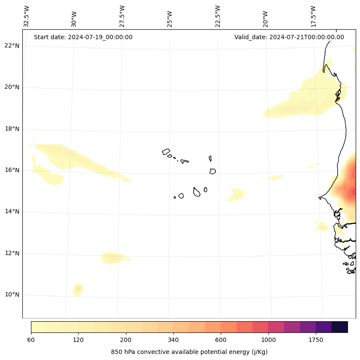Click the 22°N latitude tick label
pyautogui.click(x=12, y=46)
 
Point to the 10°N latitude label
pyautogui.click(x=12, y=295)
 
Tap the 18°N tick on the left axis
pyautogui.click(x=12, y=129)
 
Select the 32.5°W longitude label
pyautogui.click(x=27, y=16)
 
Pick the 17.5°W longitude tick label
pyautogui.click(x=314, y=16)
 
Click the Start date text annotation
pyautogui.click(x=83, y=37)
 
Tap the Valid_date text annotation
pyautogui.click(x=289, y=37)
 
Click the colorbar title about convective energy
pyautogui.click(x=189, y=352)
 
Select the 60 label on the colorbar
pyautogui.click(x=31, y=340)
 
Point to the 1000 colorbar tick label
pyautogui.click(x=268, y=340)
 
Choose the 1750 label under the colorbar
pyautogui.click(x=316, y=340)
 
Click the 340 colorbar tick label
pyautogui.click(x=173, y=340)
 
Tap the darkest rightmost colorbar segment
pyautogui.click(x=339, y=327)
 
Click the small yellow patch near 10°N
pyautogui.click(x=78, y=289)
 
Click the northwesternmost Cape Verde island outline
pyautogui.click(x=166, y=152)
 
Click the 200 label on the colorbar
pyautogui.click(x=126, y=340)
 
